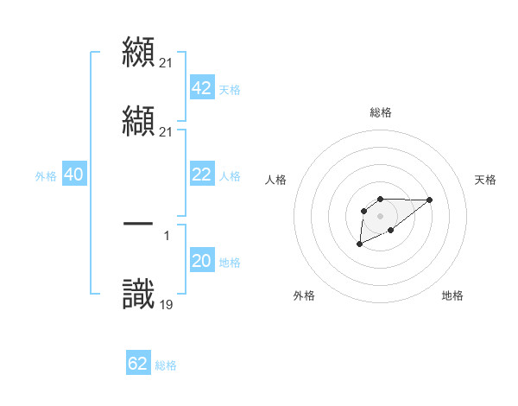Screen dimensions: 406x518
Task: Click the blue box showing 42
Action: pyautogui.click(x=201, y=88)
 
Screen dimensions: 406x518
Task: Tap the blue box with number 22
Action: pyautogui.click(x=201, y=174)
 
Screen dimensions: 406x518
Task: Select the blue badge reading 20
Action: pyautogui.click(x=201, y=261)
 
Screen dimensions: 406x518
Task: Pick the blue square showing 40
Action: pyautogui.click(x=73, y=174)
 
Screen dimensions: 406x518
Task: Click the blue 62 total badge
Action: pyautogui.click(x=138, y=364)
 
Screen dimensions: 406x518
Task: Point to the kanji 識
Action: pyautogui.click(x=139, y=292)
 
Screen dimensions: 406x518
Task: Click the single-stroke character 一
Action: pyautogui.click(x=139, y=224)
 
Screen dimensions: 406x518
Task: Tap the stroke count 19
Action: pyautogui.click(x=166, y=303)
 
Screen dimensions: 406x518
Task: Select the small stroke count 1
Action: pyautogui.click(x=166, y=235)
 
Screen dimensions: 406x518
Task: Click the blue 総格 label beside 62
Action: pyautogui.click(x=166, y=365)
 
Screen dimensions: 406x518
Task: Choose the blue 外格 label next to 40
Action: pyautogui.click(x=46, y=176)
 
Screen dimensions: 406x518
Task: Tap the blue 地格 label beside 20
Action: pyautogui.click(x=230, y=263)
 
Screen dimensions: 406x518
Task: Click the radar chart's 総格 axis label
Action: pyautogui.click(x=380, y=112)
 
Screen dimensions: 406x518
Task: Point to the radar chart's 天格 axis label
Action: pyautogui.click(x=485, y=180)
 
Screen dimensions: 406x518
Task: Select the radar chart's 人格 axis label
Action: pyautogui.click(x=275, y=180)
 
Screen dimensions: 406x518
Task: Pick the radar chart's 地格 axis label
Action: pyautogui.click(x=452, y=295)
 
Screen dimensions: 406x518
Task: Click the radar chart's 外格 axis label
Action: pyautogui.click(x=304, y=295)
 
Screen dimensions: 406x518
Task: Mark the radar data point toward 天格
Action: pyautogui.click(x=430, y=200)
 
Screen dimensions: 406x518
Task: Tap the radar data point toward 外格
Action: pyautogui.click(x=359, y=244)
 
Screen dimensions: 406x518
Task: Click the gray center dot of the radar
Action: pyautogui.click(x=380, y=215)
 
